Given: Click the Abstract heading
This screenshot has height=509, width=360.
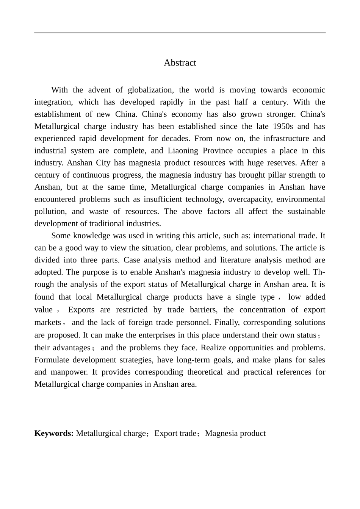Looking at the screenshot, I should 180,63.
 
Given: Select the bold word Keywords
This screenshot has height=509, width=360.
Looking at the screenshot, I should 54,433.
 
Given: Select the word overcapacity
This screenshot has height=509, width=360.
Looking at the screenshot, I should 250,199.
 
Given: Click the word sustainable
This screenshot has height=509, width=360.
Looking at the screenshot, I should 306,211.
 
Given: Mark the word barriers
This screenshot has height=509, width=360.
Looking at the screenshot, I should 202,310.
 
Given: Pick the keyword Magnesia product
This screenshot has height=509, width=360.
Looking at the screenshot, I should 235,433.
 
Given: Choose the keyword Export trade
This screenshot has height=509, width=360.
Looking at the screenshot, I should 175,433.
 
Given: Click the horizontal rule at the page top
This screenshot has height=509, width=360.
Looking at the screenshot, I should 180,33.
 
